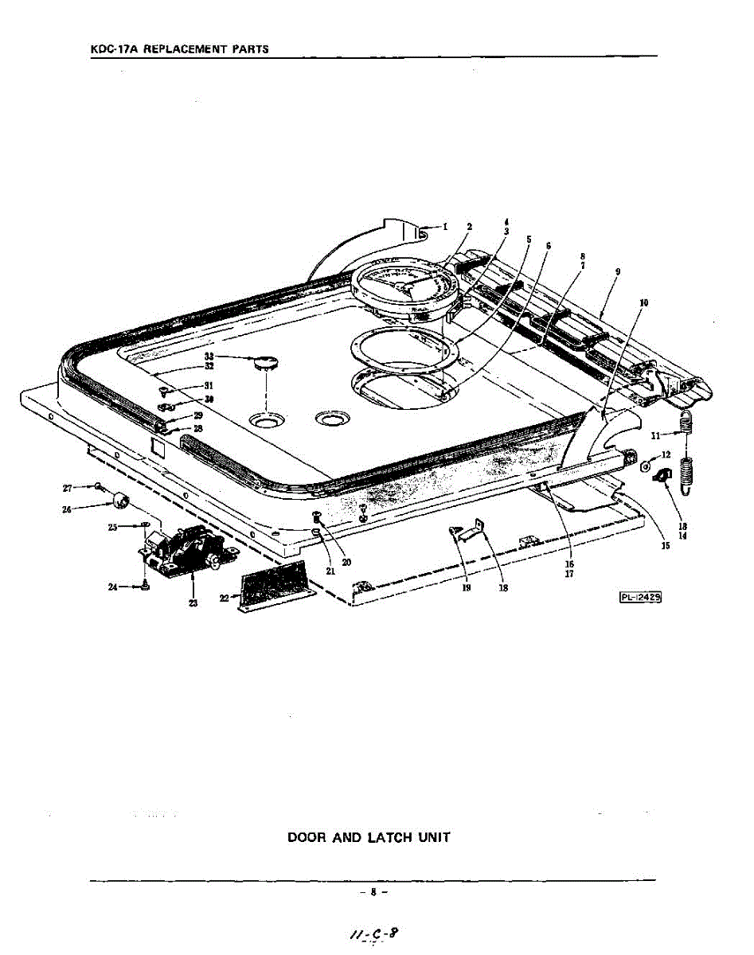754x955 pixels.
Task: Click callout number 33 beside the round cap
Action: (209, 357)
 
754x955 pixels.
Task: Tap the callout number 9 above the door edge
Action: (618, 272)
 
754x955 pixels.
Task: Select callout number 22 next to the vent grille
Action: (224, 597)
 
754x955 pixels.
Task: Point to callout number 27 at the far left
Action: (68, 487)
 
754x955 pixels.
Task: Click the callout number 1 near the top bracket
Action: (445, 226)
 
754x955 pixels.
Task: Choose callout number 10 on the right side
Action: (643, 302)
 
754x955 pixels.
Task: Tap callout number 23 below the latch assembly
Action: (193, 603)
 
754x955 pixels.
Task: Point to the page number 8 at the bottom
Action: (373, 892)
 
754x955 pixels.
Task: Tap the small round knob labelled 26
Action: (121, 500)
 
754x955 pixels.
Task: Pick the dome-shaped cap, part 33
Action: (264, 364)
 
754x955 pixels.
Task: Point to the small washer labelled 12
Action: (646, 465)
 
